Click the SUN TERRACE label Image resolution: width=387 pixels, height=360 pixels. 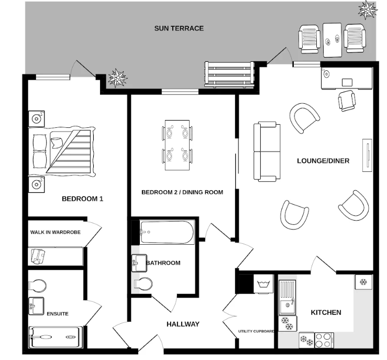(x=179, y=28)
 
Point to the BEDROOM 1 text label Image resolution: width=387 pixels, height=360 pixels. (x=82, y=199)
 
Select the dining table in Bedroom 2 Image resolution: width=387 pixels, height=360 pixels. (x=177, y=145)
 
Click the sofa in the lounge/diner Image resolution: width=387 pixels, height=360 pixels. (x=265, y=151)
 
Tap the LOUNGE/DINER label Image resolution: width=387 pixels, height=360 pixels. (x=323, y=161)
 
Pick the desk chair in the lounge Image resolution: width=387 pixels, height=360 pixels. (x=346, y=100)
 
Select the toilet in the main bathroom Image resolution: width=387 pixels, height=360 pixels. (x=143, y=283)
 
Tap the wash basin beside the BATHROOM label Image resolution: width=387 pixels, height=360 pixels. (x=139, y=262)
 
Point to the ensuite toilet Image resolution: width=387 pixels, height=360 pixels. (x=38, y=286)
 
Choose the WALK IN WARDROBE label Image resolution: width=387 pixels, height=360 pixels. (x=55, y=232)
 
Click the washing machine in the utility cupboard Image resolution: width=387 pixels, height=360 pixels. (x=263, y=285)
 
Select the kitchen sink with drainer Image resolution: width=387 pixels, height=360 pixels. (x=288, y=296)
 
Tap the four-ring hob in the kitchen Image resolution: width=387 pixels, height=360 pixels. (x=324, y=339)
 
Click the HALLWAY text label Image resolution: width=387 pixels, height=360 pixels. (x=183, y=324)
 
